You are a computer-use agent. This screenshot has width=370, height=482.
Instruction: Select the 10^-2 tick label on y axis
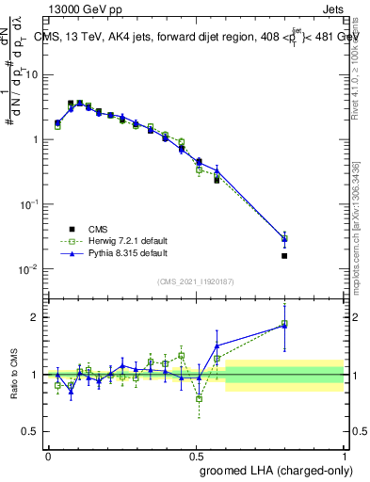28,269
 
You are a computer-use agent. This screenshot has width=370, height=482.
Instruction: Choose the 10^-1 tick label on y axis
28,204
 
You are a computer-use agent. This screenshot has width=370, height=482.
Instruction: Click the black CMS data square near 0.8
284,255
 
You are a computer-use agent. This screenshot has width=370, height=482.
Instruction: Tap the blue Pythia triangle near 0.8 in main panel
284,238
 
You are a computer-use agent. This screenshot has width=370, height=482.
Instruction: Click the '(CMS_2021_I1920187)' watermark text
196,281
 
